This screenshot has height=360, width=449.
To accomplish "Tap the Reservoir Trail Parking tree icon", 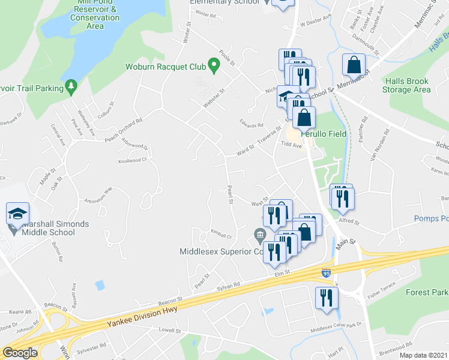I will [71, 88].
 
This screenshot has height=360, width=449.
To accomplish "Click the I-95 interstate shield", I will [326, 273].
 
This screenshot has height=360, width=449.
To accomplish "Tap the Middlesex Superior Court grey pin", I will [259, 233].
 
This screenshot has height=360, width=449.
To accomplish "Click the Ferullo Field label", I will [324, 134].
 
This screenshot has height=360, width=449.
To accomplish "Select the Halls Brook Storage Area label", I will [408, 85].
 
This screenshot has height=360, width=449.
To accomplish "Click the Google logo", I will [20, 353].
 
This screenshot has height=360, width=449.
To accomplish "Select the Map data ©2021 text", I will [424, 355].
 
